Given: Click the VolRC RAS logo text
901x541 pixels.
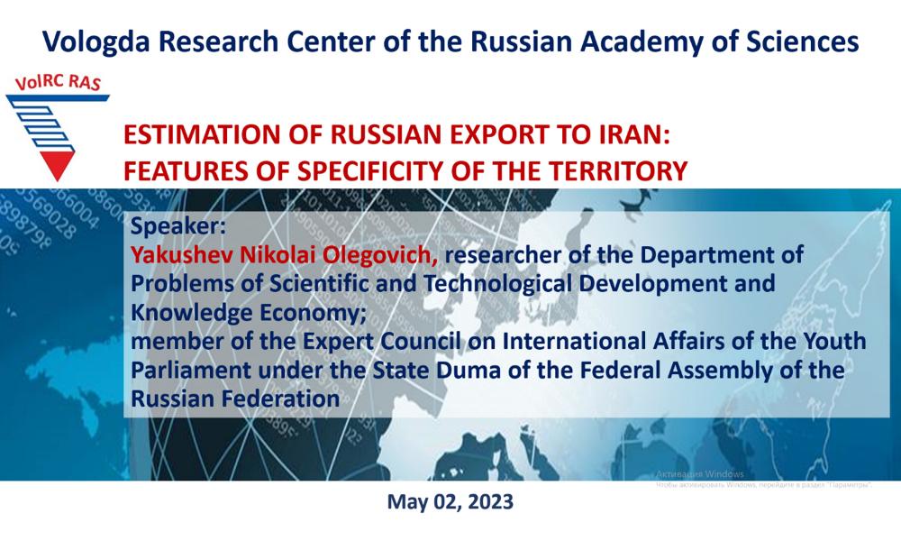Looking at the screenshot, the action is (x=58, y=83).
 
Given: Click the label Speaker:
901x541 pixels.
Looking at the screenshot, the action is (x=178, y=226).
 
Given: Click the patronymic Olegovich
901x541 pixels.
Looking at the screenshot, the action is (x=380, y=254).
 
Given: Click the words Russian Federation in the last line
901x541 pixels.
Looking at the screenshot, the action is (x=235, y=399).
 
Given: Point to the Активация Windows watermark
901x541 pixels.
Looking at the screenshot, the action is (x=700, y=474).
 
